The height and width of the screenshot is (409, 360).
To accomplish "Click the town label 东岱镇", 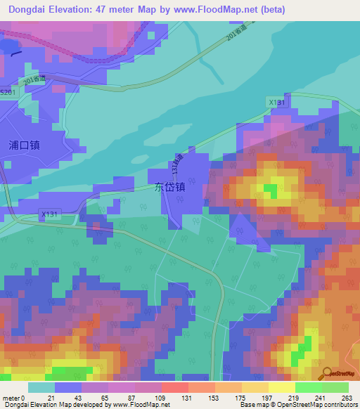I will pos(170,188).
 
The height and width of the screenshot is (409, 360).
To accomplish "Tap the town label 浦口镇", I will pos(24,145).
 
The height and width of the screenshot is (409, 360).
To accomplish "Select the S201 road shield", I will pos(7,92).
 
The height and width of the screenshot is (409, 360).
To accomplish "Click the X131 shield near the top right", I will pos(277,103).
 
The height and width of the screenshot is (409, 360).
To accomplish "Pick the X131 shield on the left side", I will pos(50,214).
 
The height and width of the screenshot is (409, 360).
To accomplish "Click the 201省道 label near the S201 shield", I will pos(34,81).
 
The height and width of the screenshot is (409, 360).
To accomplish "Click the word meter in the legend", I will pos(13,398).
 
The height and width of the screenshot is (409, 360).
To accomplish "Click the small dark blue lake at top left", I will pos(8,46).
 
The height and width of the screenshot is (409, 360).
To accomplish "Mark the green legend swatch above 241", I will pos(308,387).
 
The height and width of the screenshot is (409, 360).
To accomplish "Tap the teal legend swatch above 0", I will pos(41,387).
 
